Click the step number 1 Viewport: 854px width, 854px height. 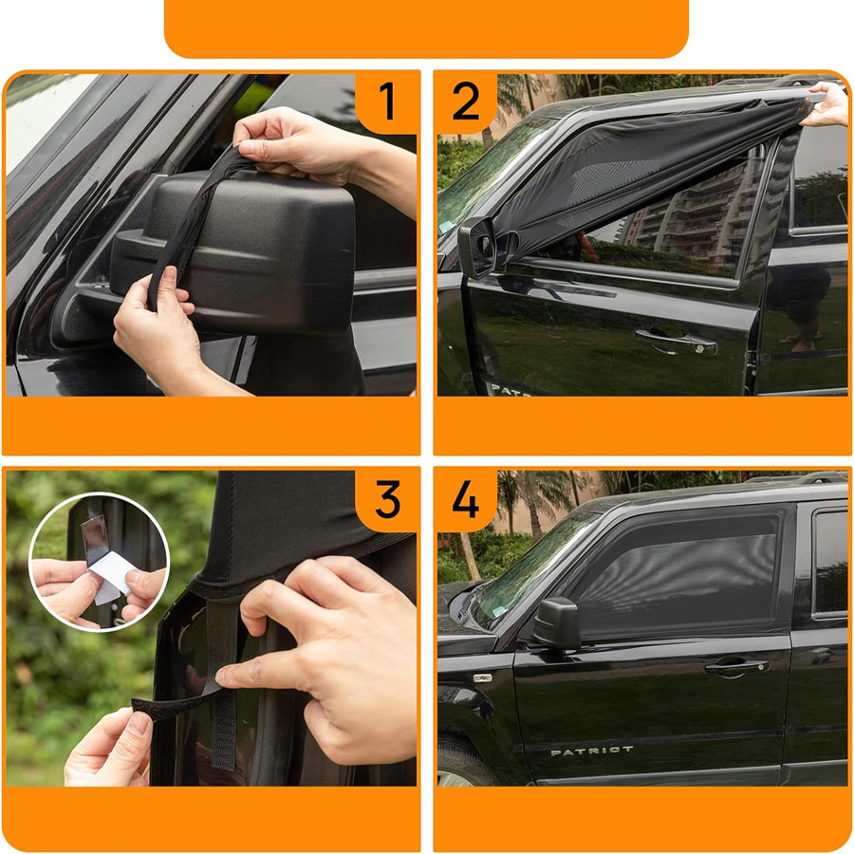pyautogui.click(x=387, y=101)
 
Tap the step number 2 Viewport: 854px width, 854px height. pyautogui.click(x=466, y=101)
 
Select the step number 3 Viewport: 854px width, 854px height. pyautogui.click(x=387, y=498)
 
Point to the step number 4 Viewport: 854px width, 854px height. pyautogui.click(x=466, y=498)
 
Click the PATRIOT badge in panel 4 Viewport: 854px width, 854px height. pyautogui.click(x=591, y=752)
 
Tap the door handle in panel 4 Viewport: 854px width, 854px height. pyautogui.click(x=736, y=666)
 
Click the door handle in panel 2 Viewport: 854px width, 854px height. pyautogui.click(x=676, y=340)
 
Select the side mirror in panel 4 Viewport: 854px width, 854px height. pyautogui.click(x=557, y=623)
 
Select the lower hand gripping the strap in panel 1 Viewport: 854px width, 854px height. pyautogui.click(x=158, y=332)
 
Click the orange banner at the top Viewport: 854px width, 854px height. pyautogui.click(x=426, y=28)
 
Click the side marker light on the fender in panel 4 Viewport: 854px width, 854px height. pyautogui.click(x=483, y=678)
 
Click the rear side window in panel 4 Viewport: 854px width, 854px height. pyautogui.click(x=830, y=562)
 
